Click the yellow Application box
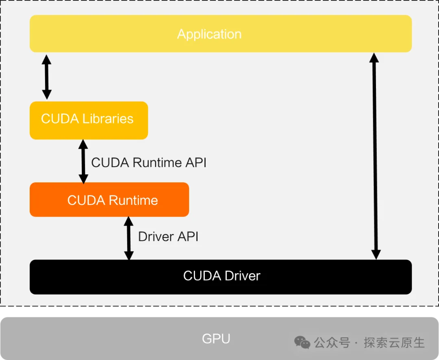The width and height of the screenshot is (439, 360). click(221, 34)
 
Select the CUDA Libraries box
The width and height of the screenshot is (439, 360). click(89, 120)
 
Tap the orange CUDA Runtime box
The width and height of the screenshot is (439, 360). click(109, 200)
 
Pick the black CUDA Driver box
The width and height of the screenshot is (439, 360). click(221, 277)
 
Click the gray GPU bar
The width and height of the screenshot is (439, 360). click(219, 338)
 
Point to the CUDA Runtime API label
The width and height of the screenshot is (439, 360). click(149, 163)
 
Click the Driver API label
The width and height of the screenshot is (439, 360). click(168, 236)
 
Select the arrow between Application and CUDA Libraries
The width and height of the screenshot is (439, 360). click(47, 77)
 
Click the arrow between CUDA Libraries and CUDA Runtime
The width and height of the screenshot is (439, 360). click(83, 162)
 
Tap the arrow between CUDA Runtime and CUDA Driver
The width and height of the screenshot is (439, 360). click(129, 238)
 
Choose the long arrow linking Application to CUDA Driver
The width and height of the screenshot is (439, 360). click(375, 156)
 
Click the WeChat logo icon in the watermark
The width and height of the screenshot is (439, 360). click(302, 343)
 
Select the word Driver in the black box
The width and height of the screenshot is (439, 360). click(242, 276)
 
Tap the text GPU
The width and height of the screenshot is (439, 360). click(216, 339)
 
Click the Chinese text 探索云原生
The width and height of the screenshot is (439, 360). click(394, 343)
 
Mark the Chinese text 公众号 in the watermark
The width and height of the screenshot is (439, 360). click(332, 343)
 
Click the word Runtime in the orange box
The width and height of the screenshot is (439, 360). click(133, 200)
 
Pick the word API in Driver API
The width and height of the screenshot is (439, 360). click(188, 236)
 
